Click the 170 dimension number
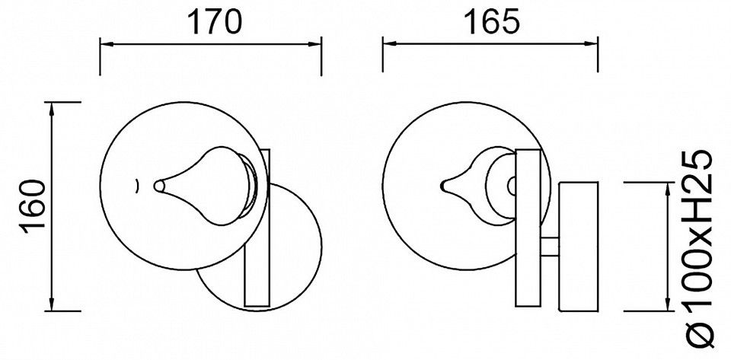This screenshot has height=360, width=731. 215,22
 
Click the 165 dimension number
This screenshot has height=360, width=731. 493,22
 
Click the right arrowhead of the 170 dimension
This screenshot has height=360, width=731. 314,45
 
